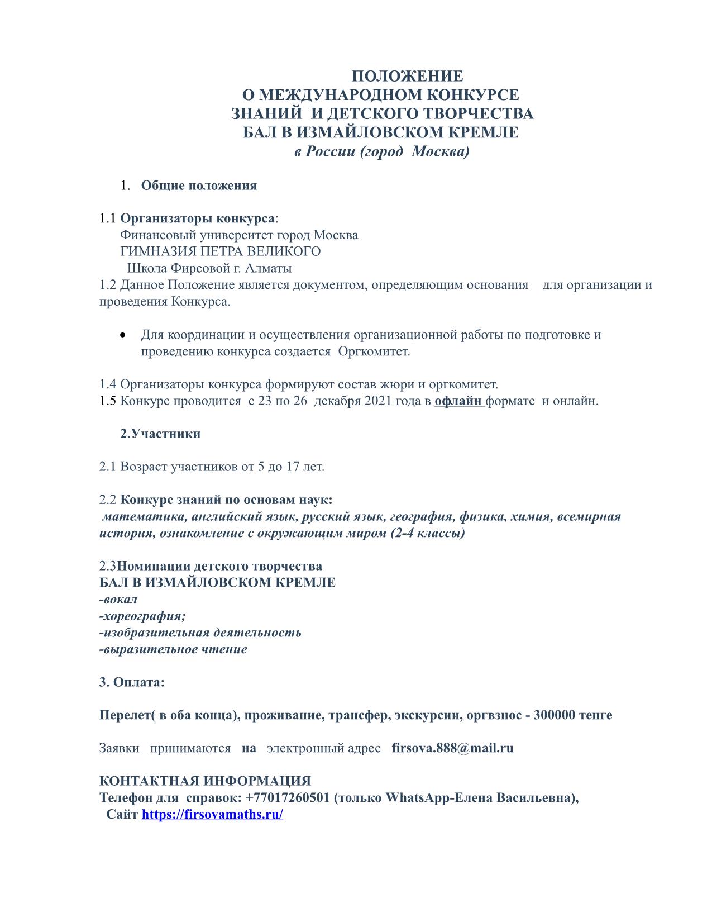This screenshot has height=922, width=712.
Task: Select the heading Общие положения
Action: (x=199, y=186)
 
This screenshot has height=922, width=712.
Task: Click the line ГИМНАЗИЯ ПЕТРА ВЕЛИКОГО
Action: (x=220, y=251)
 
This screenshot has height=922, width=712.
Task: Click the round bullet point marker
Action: (x=122, y=335)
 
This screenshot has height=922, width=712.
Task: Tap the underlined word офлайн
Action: (x=458, y=401)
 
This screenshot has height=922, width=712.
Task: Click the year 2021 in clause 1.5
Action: (x=379, y=401)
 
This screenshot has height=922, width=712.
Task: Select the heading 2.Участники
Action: (x=160, y=434)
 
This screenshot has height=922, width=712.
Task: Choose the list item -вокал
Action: (x=118, y=600)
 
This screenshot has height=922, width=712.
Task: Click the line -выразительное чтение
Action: (x=173, y=649)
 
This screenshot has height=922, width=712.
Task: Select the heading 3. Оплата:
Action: (x=132, y=682)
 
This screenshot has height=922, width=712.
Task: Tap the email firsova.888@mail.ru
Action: (x=452, y=748)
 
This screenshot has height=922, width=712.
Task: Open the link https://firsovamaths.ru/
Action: (x=212, y=814)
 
